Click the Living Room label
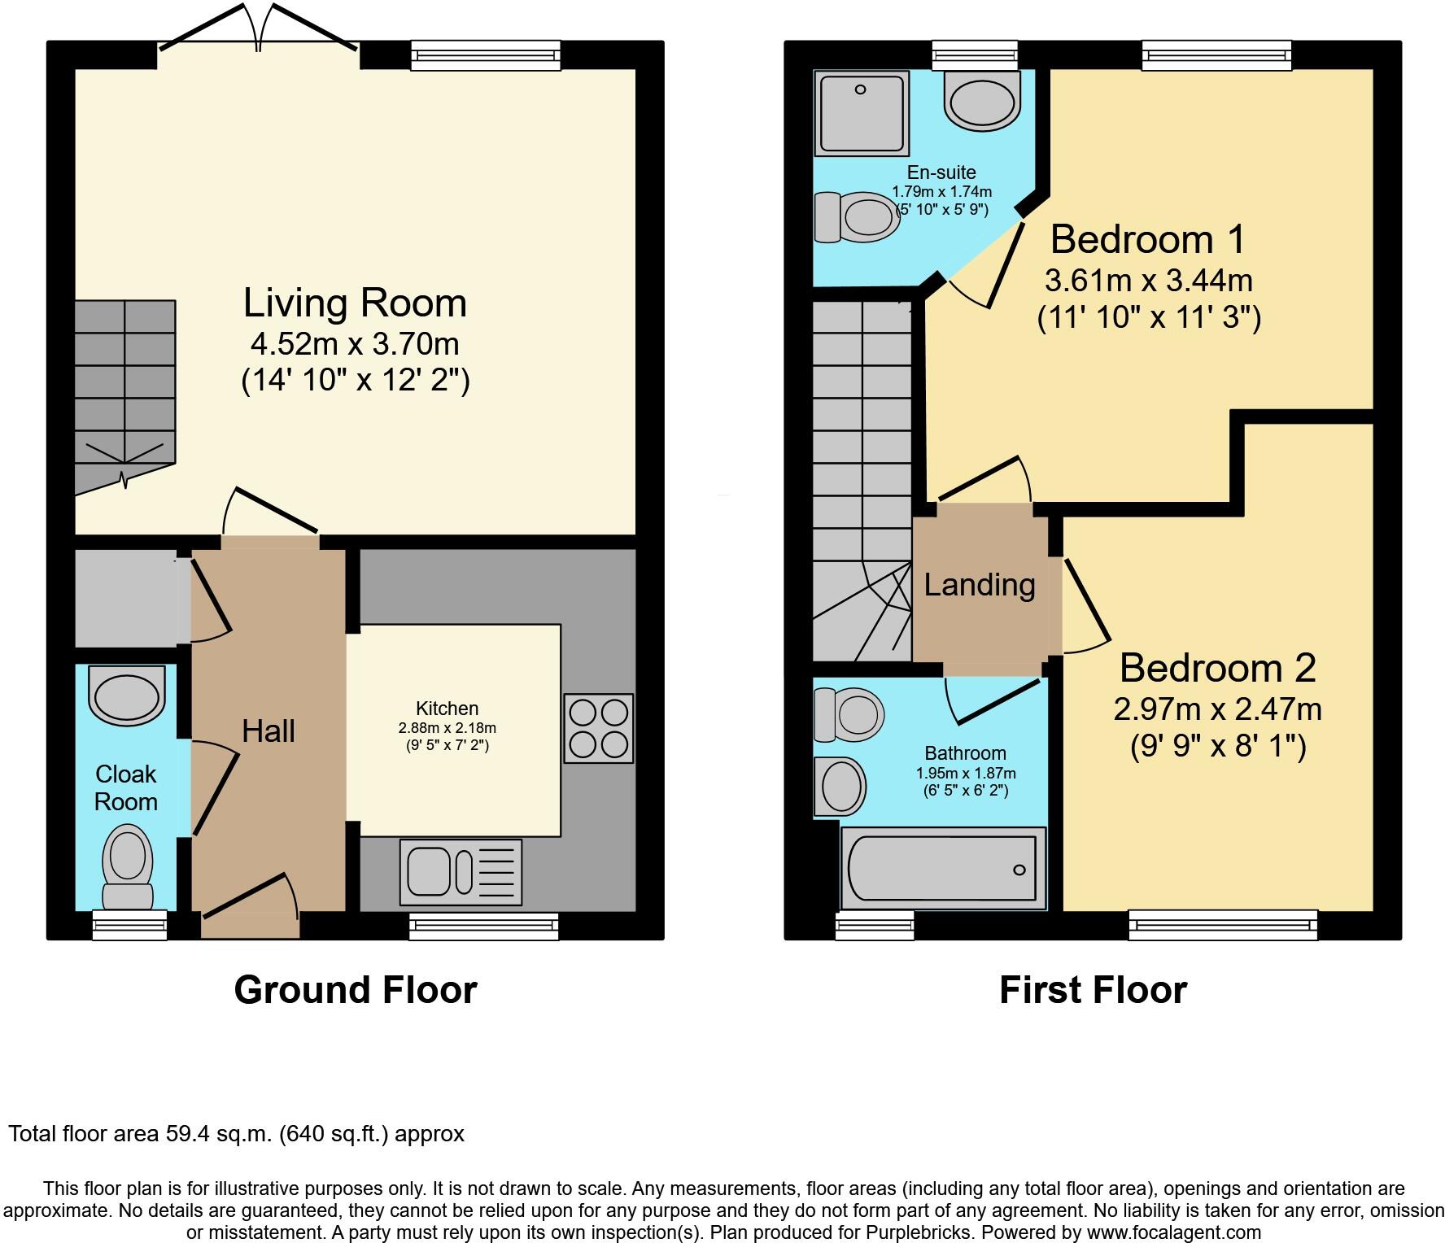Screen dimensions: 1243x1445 tap(355, 303)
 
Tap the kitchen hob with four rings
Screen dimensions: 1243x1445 tap(598, 728)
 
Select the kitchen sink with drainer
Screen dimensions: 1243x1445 tap(461, 872)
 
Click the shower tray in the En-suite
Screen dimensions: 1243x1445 tap(861, 112)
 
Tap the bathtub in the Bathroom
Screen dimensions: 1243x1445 tap(942, 869)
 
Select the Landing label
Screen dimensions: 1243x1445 tap(980, 585)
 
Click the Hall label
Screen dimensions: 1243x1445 tap(268, 731)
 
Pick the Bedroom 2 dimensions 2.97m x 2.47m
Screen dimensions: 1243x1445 tap(1217, 709)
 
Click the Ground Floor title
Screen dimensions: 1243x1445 tap(355, 990)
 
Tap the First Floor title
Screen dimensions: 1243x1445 tap(1093, 990)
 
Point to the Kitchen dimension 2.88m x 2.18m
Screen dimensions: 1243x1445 tap(447, 728)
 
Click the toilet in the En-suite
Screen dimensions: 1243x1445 tap(858, 217)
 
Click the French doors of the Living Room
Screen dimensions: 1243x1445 tap(259, 33)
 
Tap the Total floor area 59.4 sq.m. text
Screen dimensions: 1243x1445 tap(236, 1133)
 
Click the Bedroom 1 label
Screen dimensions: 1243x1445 tap(1147, 239)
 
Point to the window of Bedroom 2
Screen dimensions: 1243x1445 tap(1223, 925)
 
